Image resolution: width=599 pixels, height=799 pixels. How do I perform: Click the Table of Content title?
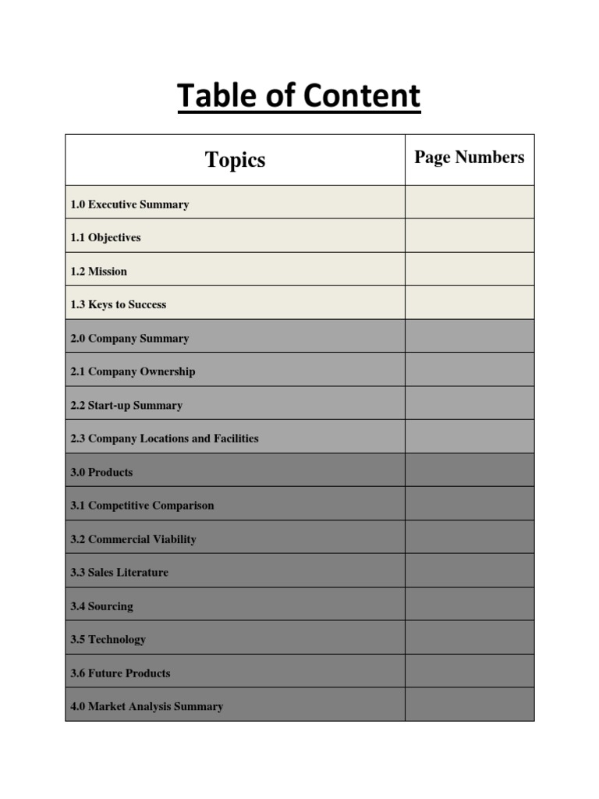299,97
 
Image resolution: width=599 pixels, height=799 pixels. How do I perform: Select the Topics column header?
235,160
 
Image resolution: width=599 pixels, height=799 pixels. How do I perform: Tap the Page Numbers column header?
469,158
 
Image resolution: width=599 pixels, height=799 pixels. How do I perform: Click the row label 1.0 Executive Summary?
129,204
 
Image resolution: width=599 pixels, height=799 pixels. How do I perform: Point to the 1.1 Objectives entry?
105,238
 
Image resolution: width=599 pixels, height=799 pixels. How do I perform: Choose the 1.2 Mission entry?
98,272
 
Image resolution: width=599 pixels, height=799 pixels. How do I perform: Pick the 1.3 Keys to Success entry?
118,305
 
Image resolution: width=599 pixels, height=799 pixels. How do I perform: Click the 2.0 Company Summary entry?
129,339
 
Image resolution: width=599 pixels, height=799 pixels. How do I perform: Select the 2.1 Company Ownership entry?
133,372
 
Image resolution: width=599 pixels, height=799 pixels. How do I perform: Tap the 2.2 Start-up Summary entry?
126,406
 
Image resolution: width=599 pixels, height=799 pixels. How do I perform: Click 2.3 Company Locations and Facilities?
164,439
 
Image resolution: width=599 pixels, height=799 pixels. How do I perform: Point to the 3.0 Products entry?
101,472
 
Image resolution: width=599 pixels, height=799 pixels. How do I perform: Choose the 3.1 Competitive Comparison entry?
142,506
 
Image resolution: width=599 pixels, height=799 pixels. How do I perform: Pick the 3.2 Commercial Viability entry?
133,539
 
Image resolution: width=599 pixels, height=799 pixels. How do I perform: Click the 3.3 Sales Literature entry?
119,573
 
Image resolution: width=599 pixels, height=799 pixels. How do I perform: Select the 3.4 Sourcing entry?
101,606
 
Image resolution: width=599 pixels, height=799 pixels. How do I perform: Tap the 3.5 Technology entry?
108,640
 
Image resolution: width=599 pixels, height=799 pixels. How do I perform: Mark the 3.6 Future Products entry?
120,673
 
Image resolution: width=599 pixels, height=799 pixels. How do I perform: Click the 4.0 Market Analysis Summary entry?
147,707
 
